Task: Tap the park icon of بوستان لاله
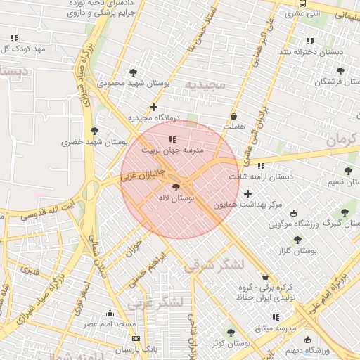tap(175, 187)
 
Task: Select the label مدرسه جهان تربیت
tap(173, 150)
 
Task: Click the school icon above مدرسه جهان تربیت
tap(173, 139)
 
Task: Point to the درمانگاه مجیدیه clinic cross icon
tap(154, 107)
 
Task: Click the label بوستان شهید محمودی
tap(103, 83)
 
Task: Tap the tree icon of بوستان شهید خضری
tap(94, 131)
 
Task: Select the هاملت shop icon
tap(234, 116)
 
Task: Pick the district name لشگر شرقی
tap(212, 266)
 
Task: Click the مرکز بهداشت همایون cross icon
tap(247, 193)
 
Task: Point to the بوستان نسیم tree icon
tap(348, 171)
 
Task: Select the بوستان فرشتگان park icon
tap(341, 71)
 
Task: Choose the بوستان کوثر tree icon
tap(231, 333)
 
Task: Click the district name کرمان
tap(343, 139)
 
